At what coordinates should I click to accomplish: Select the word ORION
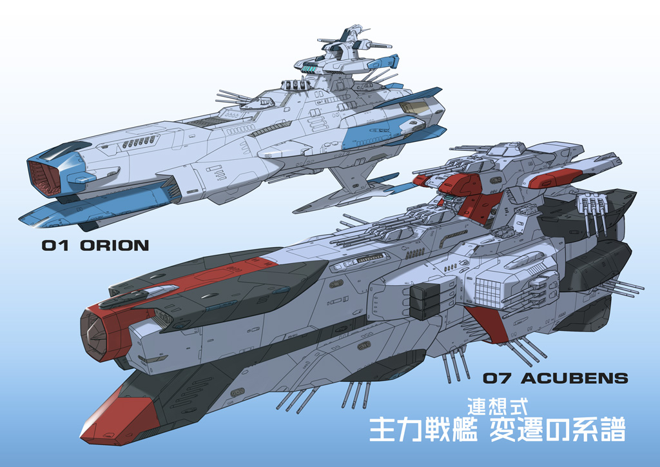(114, 245)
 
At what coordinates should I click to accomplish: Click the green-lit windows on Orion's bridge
(311, 68)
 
